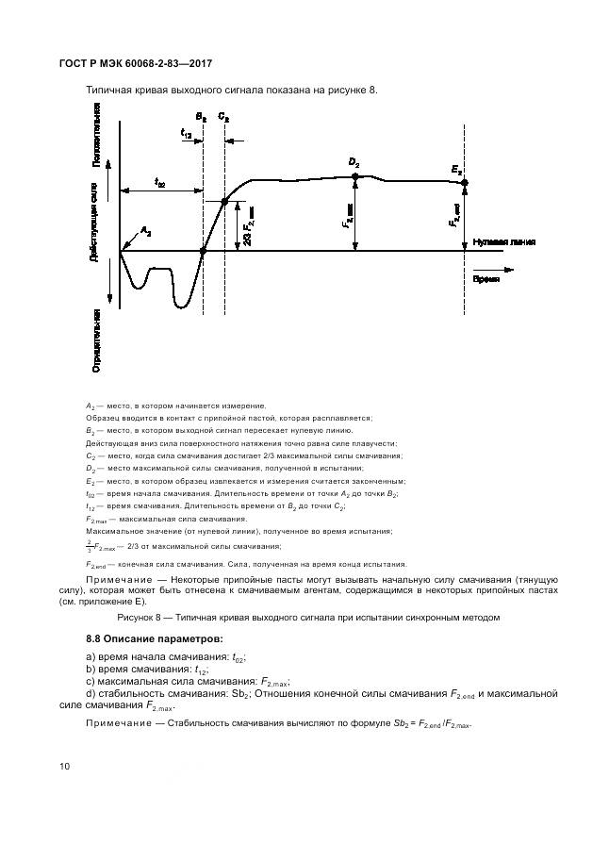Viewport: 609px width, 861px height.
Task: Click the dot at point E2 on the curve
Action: pos(464,183)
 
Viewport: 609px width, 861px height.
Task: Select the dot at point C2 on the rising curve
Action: pos(224,201)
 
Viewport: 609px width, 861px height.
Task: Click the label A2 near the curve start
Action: pos(145,230)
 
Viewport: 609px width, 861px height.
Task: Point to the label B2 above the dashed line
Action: pos(201,117)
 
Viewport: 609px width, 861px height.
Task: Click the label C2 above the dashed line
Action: pos(223,117)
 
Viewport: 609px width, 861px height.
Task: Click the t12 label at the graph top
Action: pos(187,135)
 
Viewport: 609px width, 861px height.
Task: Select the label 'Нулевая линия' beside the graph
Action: pos(505,241)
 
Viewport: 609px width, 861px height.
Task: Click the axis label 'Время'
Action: pos(486,280)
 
